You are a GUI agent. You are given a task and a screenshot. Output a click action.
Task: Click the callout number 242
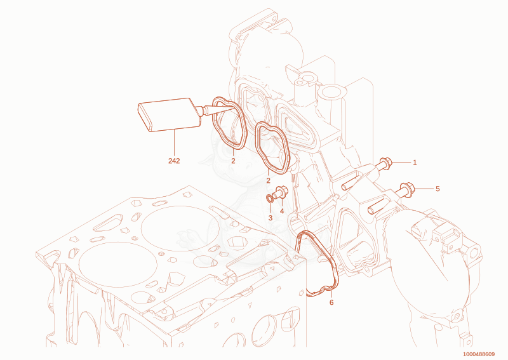(x=174, y=161)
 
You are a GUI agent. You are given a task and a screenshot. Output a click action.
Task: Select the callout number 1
(x=415, y=163)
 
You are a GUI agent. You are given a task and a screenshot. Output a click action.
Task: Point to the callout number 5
(x=438, y=189)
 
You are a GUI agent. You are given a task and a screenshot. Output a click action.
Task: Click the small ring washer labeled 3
(x=269, y=197)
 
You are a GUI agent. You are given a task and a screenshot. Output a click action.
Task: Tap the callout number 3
(x=271, y=218)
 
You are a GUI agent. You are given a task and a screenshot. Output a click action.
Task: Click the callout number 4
(x=281, y=211)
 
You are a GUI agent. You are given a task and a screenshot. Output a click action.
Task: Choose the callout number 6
(x=331, y=303)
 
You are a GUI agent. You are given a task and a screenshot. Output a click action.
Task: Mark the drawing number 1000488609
(x=479, y=354)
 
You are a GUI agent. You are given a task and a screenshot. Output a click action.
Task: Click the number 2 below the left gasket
(x=233, y=161)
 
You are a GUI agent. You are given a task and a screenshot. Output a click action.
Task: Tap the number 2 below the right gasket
(x=268, y=181)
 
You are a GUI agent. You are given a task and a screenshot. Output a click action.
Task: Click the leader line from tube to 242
(x=174, y=143)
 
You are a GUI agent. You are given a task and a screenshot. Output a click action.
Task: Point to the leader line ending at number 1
(x=401, y=162)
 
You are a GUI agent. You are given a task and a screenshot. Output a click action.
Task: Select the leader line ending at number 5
(x=424, y=189)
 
